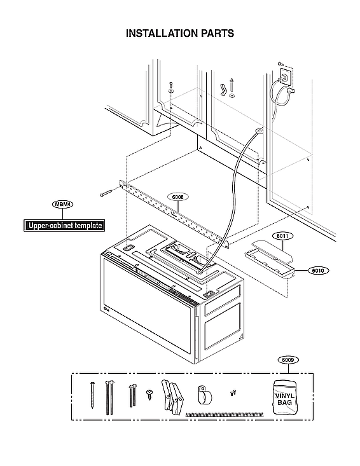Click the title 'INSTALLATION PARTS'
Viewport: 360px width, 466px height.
click(x=180, y=33)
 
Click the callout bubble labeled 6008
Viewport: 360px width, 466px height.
click(x=178, y=197)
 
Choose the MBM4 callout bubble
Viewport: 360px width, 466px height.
click(x=63, y=204)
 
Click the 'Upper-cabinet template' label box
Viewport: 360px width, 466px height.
click(x=63, y=226)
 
